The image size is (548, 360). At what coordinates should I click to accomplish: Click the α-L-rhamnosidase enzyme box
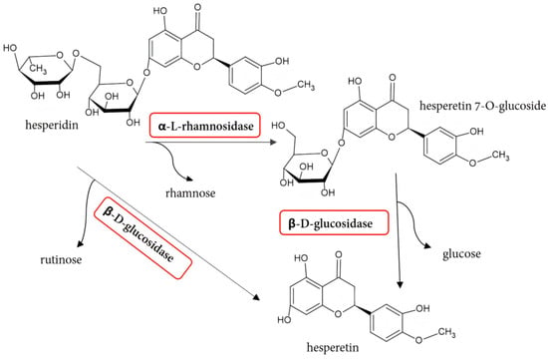tap(205, 125)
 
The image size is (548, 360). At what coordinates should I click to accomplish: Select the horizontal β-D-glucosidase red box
tap(334, 222)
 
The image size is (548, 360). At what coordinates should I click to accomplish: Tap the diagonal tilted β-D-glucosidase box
tap(142, 238)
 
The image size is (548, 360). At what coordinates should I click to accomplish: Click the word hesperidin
tap(52, 125)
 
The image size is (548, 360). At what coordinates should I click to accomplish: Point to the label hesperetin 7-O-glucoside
tap(482, 106)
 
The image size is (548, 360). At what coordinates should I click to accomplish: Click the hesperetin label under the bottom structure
tap(333, 347)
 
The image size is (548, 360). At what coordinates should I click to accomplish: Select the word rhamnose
tap(190, 192)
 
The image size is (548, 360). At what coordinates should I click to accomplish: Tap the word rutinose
tap(61, 259)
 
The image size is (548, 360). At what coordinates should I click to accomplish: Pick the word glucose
tap(461, 253)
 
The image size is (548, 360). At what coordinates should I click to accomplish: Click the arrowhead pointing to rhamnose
tap(189, 179)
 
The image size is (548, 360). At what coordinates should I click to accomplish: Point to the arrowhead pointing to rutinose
tap(80, 243)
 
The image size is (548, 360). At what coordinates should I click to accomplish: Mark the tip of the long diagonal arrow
tap(260, 300)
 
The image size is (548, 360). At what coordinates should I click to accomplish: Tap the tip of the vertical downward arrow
tap(401, 288)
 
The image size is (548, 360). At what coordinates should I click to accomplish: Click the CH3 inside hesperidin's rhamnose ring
tap(38, 68)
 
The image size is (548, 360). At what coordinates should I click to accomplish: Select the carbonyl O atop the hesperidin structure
tap(198, 16)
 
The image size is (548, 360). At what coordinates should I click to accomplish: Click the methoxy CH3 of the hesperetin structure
tap(446, 332)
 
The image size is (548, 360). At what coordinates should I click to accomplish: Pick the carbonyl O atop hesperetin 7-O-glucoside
tap(393, 78)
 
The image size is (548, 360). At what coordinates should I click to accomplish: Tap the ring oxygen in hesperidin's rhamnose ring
tap(60, 55)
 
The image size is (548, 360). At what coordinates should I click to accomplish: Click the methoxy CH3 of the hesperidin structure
tap(306, 86)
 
